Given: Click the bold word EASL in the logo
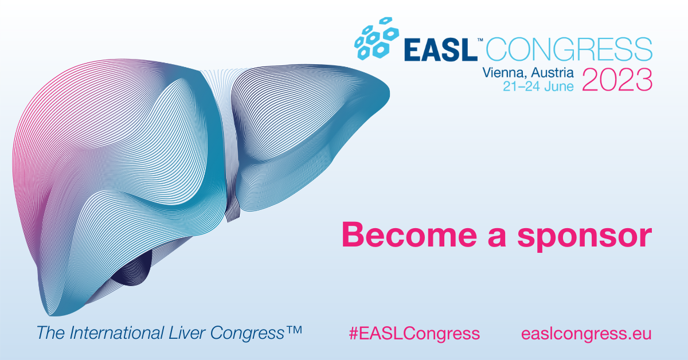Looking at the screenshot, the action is [x=441, y=50].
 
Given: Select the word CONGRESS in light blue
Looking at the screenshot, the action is [x=569, y=49].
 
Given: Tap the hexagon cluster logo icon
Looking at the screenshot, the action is [x=377, y=38].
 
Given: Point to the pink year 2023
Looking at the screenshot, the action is [x=617, y=80].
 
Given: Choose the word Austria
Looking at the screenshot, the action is [x=552, y=72].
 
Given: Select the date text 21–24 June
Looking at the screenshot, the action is [x=538, y=87].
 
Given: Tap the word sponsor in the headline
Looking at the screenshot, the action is [x=585, y=237].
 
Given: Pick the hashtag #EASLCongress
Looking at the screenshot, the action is [x=415, y=333].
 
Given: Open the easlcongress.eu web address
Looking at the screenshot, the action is [x=587, y=334].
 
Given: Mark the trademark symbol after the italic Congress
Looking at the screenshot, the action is [x=294, y=330].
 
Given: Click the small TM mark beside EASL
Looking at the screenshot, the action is [x=480, y=40].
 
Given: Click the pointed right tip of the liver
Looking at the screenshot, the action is [x=389, y=93].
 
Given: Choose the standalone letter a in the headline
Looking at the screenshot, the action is [x=497, y=237].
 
